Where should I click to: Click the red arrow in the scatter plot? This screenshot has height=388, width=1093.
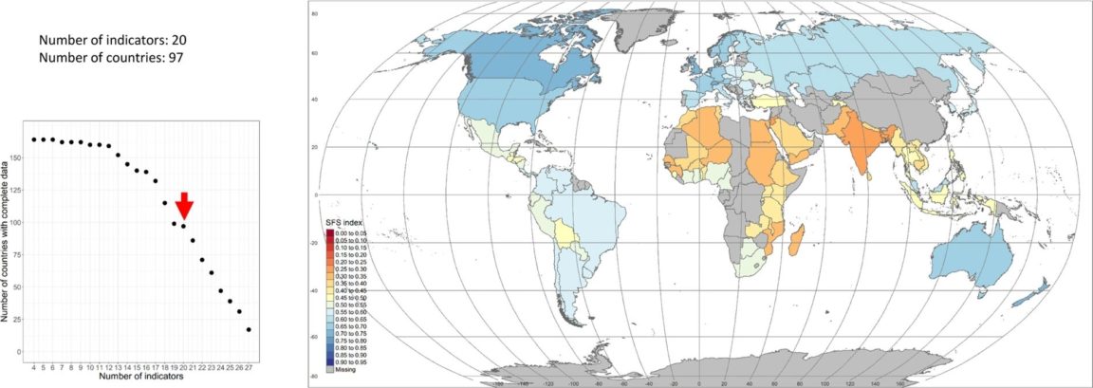point(185,204)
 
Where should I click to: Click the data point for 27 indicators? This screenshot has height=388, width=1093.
point(249,329)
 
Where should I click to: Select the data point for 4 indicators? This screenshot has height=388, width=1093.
point(34,139)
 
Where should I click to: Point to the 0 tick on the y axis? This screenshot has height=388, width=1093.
point(21,352)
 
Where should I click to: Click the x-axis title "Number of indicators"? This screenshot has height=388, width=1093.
point(141,378)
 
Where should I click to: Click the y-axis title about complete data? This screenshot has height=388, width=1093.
point(8,237)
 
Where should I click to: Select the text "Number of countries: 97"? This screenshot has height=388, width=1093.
point(110,58)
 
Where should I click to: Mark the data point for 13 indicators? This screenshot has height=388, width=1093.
point(118,155)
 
